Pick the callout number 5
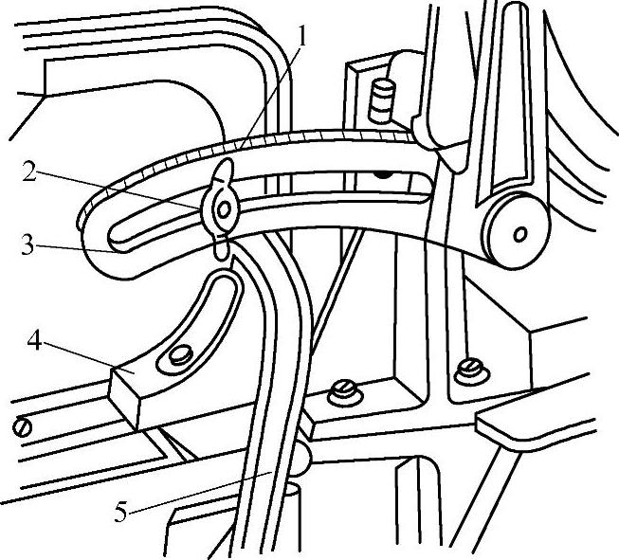[x=122, y=512]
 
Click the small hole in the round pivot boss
[x=519, y=230]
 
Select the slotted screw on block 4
[x=180, y=358]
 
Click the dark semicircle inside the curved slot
[x=384, y=173]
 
